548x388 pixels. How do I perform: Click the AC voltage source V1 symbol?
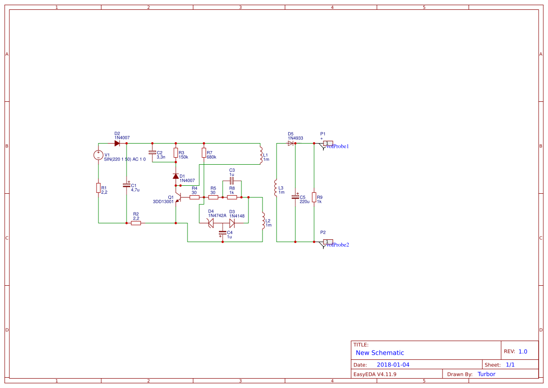[98, 155]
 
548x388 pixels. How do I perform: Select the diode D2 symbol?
[117, 144]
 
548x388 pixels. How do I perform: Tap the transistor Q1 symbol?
[178, 198]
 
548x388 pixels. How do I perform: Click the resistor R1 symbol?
[98, 188]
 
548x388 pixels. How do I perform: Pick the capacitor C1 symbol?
[127, 185]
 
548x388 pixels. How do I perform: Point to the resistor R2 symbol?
[136, 223]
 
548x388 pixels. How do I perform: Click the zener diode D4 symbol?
[211, 223]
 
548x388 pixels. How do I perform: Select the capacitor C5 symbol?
[295, 197]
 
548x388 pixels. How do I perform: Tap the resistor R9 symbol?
[314, 197]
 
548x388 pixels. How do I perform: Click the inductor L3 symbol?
[275, 188]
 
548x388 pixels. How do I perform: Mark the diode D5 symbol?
[291, 144]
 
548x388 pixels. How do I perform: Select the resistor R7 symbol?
[204, 152]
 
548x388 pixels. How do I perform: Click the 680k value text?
[211, 157]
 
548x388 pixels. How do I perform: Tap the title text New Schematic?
[380, 353]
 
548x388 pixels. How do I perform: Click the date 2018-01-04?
[393, 365]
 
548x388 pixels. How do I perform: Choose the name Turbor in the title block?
[486, 374]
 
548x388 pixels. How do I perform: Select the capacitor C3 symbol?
[232, 181]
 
